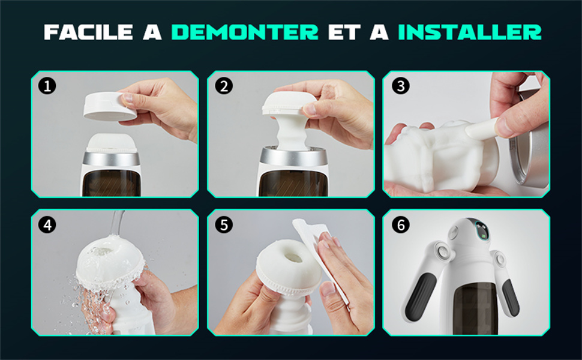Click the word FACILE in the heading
coord(88,32)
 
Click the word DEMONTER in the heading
coord(245,32)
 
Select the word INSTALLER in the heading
coord(470,32)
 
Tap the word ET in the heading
coord(344,32)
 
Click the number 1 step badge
coord(47,86)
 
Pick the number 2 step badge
coord(224,86)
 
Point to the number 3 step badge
coord(400,86)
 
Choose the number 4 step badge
coord(47,225)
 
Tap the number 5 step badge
coord(224,225)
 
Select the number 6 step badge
coord(400,225)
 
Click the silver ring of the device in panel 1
coord(112,158)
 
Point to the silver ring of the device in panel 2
coord(293,157)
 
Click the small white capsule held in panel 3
coord(481,128)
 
